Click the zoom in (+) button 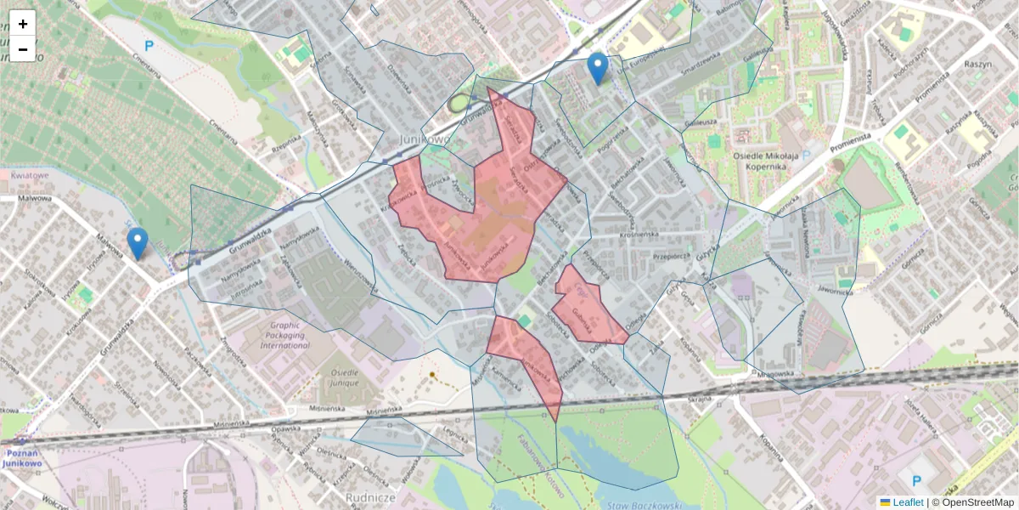[x=23, y=24]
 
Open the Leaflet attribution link [x=907, y=502]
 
